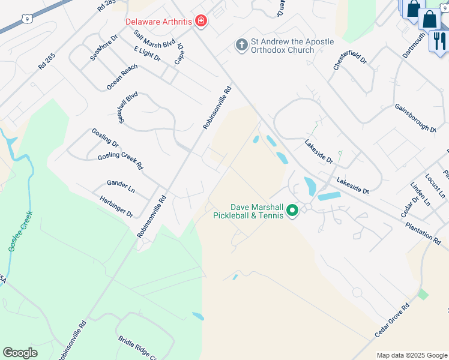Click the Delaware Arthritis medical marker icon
(200, 22)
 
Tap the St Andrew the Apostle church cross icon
(241, 46)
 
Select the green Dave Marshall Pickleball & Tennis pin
(292, 211)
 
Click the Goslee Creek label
(21, 232)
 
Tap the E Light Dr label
(147, 53)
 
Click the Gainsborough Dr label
(415, 117)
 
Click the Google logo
(20, 353)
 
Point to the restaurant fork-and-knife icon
(439, 41)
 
